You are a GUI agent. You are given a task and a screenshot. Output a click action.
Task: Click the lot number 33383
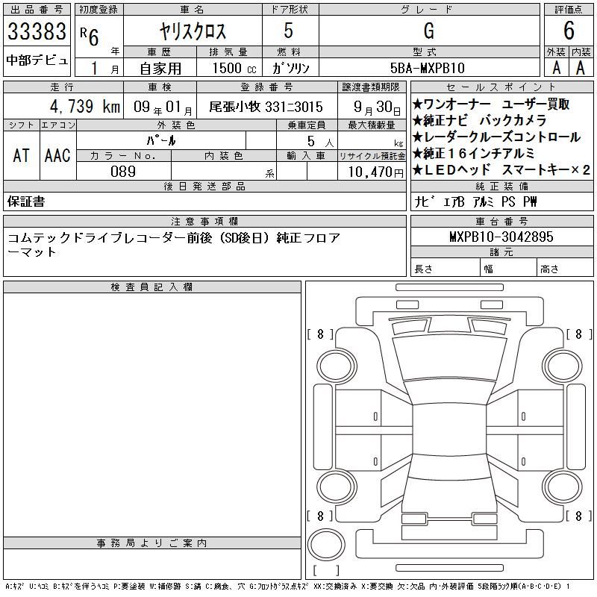point(37,31)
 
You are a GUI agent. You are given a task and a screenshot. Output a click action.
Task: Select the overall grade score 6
point(569,31)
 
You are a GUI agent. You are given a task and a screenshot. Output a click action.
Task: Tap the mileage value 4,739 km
point(85,106)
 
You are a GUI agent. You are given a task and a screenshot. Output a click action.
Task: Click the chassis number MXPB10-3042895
point(501,237)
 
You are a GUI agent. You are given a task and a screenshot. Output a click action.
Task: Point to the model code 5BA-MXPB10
point(428,68)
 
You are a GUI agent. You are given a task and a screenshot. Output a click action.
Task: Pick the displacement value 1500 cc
point(234,68)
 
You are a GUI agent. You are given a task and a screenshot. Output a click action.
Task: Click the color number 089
point(123,172)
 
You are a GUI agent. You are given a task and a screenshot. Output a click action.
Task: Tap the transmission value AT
point(21,155)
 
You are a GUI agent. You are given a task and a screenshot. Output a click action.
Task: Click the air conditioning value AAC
point(57,155)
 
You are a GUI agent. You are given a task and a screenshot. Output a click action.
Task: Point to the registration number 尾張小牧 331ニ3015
point(266,107)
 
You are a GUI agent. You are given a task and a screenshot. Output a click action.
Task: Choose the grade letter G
point(428,31)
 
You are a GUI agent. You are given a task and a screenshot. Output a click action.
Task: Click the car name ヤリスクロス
point(193,31)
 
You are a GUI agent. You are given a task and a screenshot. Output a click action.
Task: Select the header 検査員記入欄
point(151,287)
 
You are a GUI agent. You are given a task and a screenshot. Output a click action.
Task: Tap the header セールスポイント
point(501,87)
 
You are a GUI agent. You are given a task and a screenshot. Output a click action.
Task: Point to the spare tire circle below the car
point(326,545)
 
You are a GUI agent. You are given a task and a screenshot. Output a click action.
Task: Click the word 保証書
point(26,201)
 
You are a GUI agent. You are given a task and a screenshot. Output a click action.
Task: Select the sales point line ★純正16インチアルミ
point(473,154)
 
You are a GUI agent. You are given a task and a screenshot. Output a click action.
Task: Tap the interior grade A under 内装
point(581,68)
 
